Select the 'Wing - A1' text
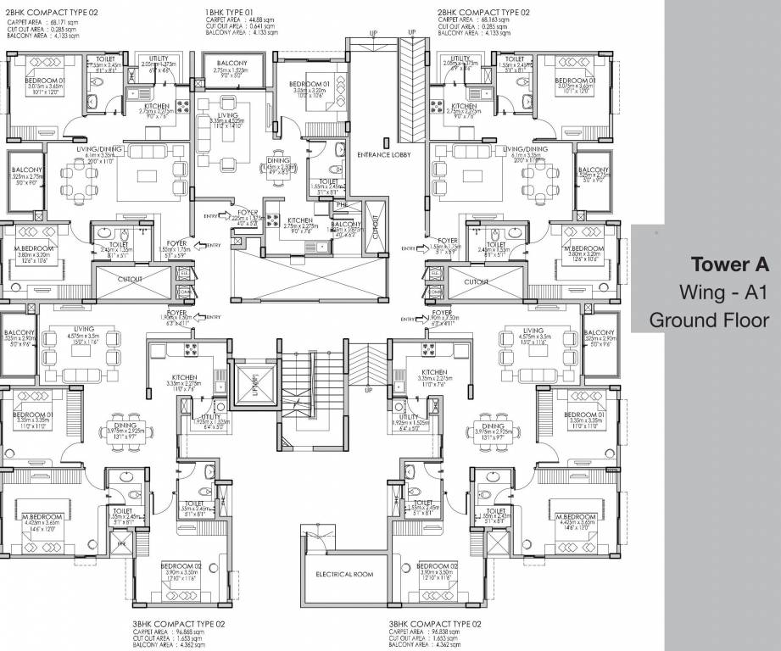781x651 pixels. coord(723,292)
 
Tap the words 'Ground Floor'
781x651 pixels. coord(709,320)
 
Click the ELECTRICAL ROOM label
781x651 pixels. coord(344,574)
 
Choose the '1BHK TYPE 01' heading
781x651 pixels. coord(231,12)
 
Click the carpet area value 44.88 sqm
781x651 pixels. coord(259,19)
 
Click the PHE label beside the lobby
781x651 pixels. coord(342,203)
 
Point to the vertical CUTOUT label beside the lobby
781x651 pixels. coord(377,226)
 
